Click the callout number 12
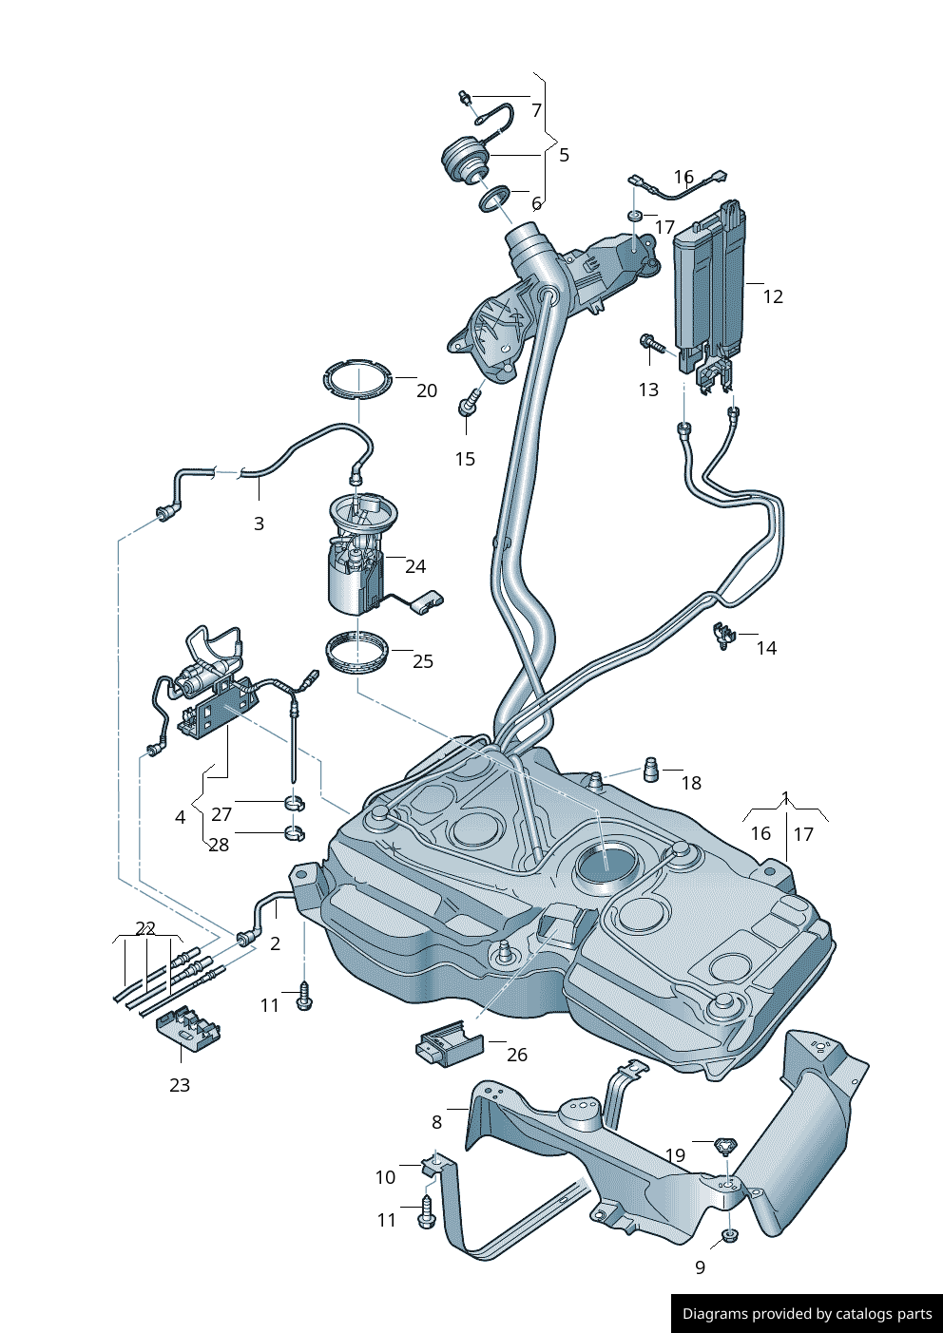pos(773,296)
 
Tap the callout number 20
pos(427,390)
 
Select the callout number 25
pos(423,661)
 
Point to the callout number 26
pos(516,1055)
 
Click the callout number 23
pos(180,1085)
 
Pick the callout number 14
pos(766,648)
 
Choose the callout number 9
pos(701,1267)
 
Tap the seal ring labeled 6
pos(494,199)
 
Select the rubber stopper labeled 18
pos(652,769)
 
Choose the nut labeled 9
pos(729,1235)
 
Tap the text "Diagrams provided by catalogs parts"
pos(807,1314)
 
